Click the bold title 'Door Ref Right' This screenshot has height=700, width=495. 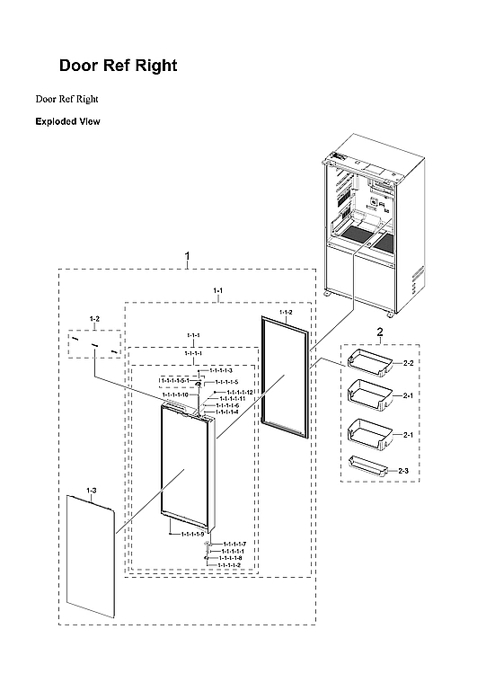click(x=118, y=66)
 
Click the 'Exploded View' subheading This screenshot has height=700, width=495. click(x=67, y=120)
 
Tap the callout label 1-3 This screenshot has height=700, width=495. click(x=91, y=490)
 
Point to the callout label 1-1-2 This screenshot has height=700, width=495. click(x=286, y=313)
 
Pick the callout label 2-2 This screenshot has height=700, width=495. click(x=408, y=363)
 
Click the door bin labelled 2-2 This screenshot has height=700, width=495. click(x=371, y=361)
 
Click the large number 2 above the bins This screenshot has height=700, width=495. click(x=379, y=332)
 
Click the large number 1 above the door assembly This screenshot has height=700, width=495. click(x=187, y=256)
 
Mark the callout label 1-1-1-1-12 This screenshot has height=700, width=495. click(x=240, y=393)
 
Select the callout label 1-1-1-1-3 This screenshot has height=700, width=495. click(x=221, y=370)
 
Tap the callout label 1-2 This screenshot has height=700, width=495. click(x=95, y=319)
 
